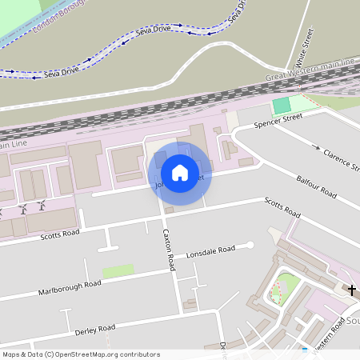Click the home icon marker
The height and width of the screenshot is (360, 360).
pos(180,173)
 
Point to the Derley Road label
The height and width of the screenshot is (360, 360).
pos(95,329)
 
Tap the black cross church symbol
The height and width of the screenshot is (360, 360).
pos(351,290)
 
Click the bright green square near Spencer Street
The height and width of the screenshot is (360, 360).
pos(282,105)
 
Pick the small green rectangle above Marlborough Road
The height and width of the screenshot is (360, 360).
pos(118,271)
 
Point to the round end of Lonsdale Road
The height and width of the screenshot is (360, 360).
pos(250,245)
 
